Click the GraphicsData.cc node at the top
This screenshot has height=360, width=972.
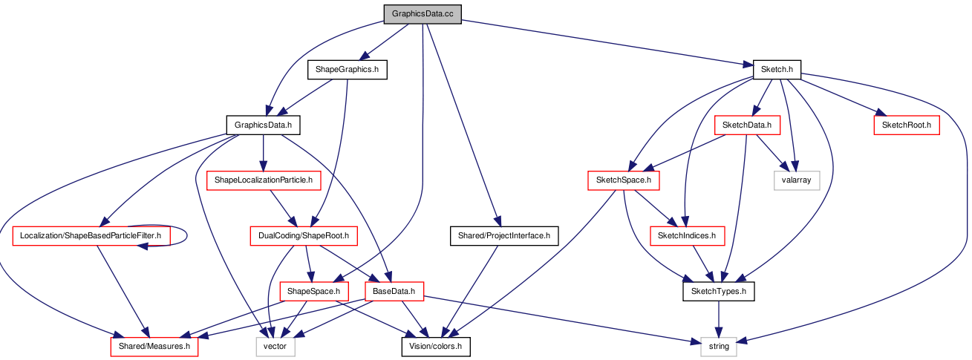coord(423,14)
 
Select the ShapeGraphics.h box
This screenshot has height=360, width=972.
coord(348,69)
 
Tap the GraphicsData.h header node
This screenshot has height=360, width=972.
coord(263,125)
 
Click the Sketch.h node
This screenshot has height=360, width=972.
coord(777,69)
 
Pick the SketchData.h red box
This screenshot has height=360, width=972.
coord(747,125)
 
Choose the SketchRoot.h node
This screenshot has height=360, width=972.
coord(907,125)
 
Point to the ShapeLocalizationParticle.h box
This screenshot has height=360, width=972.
coord(264,180)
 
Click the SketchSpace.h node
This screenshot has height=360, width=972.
coord(624,180)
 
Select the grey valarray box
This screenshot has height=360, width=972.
coord(797,180)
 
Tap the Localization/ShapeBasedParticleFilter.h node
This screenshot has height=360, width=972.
coord(91,235)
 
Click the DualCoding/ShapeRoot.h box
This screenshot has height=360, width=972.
coord(304,235)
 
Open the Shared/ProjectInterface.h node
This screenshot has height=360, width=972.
coord(504,235)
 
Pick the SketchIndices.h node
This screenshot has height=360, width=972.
coord(688,235)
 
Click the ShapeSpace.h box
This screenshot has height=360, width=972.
coord(314,291)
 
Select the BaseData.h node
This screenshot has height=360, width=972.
coord(394,291)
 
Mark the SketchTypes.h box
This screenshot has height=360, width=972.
coord(719,291)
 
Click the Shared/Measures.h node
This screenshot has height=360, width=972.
coord(154,347)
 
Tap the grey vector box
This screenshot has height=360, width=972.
coord(275,347)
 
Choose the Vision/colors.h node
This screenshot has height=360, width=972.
coord(436,347)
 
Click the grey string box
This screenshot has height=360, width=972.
coord(719,347)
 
